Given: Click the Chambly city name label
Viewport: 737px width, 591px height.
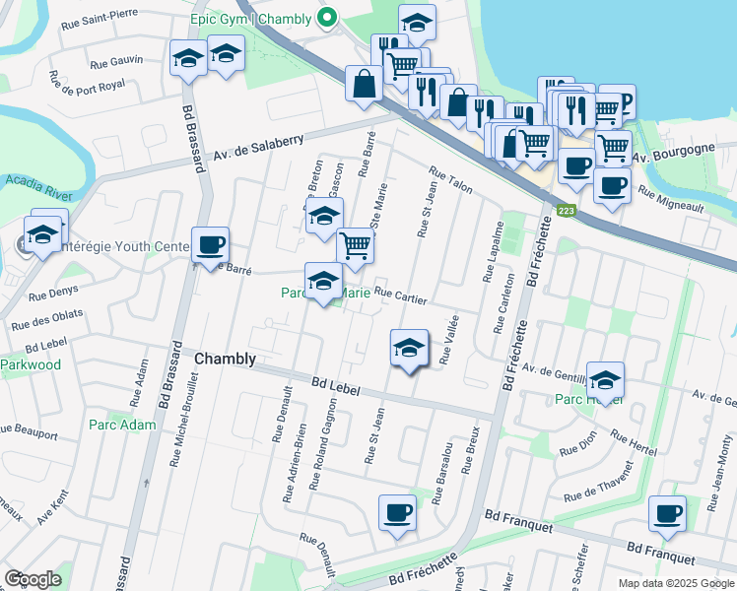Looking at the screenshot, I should pyautogui.click(x=226, y=359).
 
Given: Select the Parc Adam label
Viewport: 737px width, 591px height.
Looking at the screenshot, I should pyautogui.click(x=108, y=425).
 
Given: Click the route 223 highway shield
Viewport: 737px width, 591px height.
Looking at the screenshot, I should pyautogui.click(x=566, y=210).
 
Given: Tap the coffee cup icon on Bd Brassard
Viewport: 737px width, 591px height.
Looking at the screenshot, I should pyautogui.click(x=209, y=245).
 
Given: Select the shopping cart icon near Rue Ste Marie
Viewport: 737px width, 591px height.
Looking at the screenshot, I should pyautogui.click(x=355, y=247).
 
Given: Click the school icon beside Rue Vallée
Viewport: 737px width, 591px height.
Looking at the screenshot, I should pyautogui.click(x=410, y=349).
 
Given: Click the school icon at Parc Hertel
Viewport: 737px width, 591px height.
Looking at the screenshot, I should pyautogui.click(x=605, y=379).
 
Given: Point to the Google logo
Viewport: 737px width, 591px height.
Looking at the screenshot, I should pyautogui.click(x=33, y=578).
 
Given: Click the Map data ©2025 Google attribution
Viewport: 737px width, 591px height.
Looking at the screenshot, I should pyautogui.click(x=675, y=583).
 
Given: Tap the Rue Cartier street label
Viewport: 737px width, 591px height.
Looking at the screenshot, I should pyautogui.click(x=399, y=296).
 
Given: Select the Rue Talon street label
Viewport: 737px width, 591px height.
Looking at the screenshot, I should pyautogui.click(x=451, y=180).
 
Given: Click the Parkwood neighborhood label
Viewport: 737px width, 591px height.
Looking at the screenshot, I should pyautogui.click(x=30, y=364).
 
